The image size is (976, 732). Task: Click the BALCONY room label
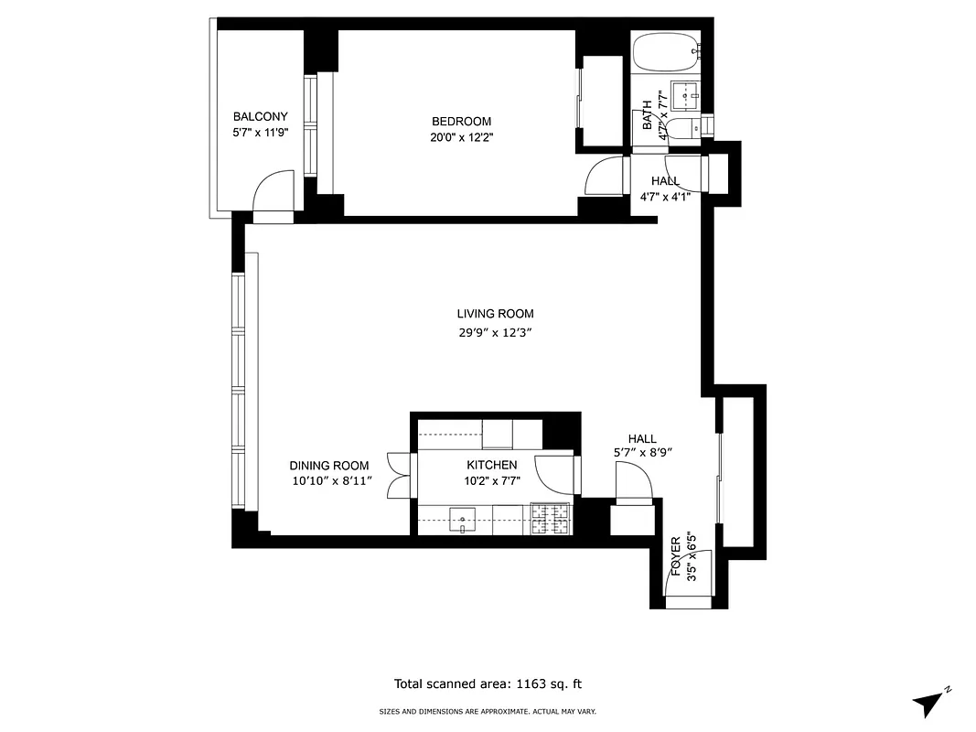coord(260,117)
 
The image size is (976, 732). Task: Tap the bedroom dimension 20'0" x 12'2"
coord(461,137)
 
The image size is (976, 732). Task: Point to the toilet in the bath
coord(681,129)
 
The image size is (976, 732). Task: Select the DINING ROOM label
coord(329,466)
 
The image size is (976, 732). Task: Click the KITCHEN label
coord(491,466)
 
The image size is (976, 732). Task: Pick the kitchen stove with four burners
coord(549,521)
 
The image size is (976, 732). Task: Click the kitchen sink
coord(462,521)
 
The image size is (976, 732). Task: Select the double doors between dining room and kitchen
coord(399,476)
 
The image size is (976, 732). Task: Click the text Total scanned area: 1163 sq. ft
coord(488,684)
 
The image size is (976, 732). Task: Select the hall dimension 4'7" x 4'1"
coord(665,196)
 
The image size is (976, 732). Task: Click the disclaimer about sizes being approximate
coord(488,711)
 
